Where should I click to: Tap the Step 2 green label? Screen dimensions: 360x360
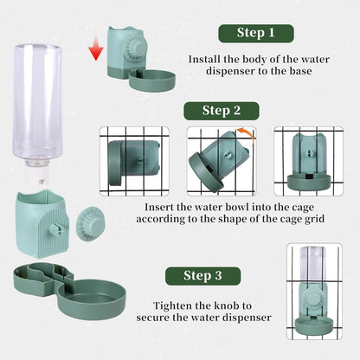point(222,110)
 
